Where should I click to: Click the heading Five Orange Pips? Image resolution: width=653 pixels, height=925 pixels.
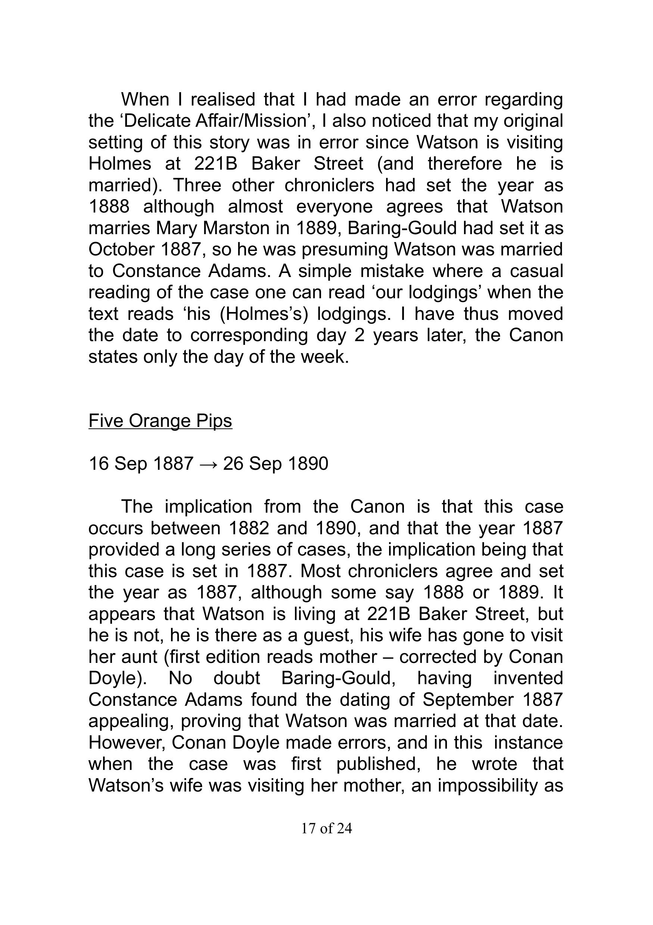(x=160, y=421)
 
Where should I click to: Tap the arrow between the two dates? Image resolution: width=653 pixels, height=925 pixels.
(x=208, y=464)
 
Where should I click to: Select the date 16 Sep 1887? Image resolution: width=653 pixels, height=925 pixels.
(x=141, y=464)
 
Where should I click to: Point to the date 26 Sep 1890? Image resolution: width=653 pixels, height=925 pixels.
(x=276, y=464)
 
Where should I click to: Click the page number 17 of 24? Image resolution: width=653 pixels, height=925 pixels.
(x=326, y=828)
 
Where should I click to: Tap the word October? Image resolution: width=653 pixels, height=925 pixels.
(x=121, y=249)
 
